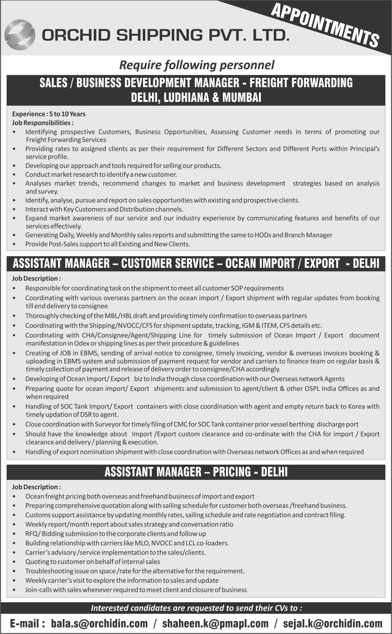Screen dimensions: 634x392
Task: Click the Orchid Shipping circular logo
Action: (20, 34)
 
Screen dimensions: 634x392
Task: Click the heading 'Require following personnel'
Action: (197, 65)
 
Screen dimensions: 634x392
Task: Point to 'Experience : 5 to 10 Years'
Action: (49, 114)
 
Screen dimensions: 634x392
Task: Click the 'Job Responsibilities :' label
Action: (43, 123)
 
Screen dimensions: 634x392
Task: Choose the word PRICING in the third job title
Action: (232, 472)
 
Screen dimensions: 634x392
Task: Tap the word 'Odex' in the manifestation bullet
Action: (82, 343)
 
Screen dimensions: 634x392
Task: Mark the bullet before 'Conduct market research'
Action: (14, 175)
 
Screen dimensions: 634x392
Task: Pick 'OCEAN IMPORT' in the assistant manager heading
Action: (260, 264)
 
